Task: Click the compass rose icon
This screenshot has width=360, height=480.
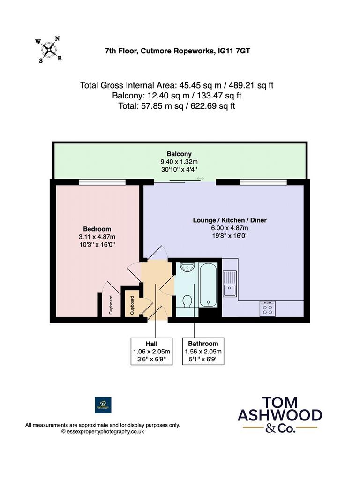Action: click(x=48, y=50)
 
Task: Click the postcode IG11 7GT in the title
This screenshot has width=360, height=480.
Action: click(x=233, y=51)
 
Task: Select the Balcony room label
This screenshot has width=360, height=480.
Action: click(x=179, y=154)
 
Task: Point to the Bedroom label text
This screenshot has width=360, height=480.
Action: click(x=97, y=229)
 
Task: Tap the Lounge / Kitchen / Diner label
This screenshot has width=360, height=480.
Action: click(x=230, y=220)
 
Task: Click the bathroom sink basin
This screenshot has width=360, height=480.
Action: click(x=187, y=267)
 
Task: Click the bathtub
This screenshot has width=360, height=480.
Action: click(x=208, y=285)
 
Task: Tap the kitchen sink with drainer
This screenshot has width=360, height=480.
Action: click(x=230, y=284)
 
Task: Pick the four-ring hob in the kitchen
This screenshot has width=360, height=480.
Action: click(x=268, y=308)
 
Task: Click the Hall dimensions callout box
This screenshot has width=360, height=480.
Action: click(x=151, y=351)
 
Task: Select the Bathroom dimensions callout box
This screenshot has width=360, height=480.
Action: click(x=203, y=351)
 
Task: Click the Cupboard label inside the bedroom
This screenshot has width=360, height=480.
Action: click(x=111, y=305)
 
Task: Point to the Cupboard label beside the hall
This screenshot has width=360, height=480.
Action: click(x=132, y=305)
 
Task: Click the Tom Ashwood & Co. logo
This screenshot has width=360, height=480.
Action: click(x=280, y=414)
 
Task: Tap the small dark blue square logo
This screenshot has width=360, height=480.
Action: click(x=103, y=405)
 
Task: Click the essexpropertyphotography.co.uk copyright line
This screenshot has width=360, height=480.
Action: click(x=103, y=432)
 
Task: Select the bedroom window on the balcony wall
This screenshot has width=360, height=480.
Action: click(x=102, y=182)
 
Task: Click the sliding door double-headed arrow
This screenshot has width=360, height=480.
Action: click(x=201, y=178)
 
